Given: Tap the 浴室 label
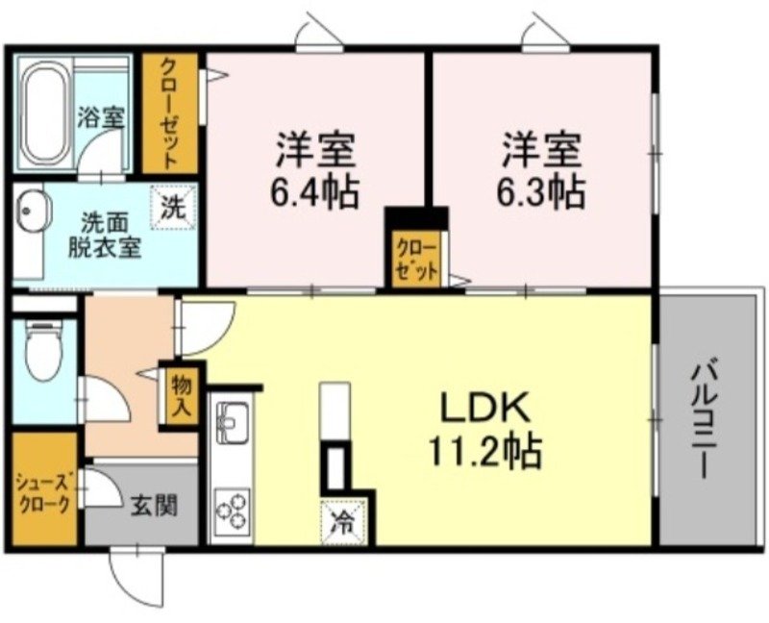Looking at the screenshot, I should point(100,118).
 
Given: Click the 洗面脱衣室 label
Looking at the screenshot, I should point(104,234).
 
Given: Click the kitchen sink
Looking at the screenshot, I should point(233,420).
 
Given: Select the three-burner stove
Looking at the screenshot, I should point(232,512).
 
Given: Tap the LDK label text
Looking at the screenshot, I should point(485,410).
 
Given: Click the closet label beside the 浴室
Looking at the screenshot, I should point(168,112).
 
